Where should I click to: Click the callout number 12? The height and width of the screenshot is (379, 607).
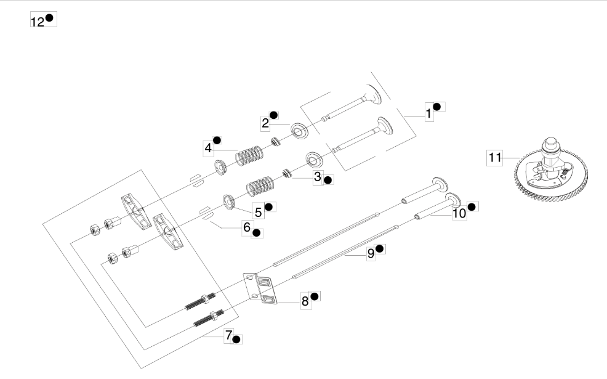(x=38, y=22)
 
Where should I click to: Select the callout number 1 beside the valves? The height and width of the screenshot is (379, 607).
(x=428, y=113)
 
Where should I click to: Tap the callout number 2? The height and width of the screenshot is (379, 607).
(x=265, y=123)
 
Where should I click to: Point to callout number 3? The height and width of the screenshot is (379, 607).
(x=318, y=177)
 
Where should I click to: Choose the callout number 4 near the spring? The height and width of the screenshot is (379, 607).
(x=208, y=148)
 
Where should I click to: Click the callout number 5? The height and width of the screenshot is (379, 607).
(x=258, y=212)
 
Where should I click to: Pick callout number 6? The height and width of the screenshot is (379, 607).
(x=247, y=227)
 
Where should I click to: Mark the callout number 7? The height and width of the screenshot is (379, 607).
(x=229, y=335)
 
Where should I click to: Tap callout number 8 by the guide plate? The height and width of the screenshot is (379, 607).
(x=305, y=301)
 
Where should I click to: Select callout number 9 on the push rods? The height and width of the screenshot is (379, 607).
(x=371, y=253)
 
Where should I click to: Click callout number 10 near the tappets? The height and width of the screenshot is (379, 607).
(x=459, y=213)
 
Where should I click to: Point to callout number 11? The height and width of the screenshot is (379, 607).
(x=495, y=158)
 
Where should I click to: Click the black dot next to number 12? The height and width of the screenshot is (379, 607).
(x=49, y=18)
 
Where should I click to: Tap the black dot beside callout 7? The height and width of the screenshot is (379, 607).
(x=236, y=340)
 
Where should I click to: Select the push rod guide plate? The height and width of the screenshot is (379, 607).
(x=260, y=288)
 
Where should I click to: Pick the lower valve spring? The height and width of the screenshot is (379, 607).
(x=260, y=186)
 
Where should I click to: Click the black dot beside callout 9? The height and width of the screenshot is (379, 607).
(x=380, y=248)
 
